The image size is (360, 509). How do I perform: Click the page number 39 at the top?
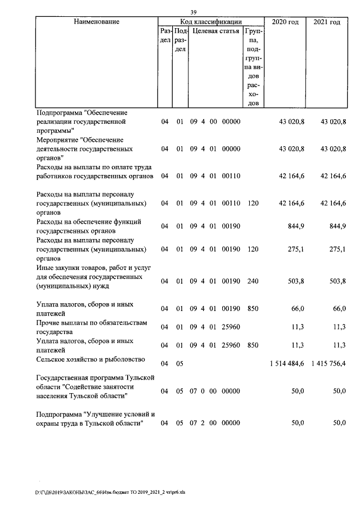tap(193, 13)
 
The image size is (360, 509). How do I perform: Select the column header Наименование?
tap(96, 22)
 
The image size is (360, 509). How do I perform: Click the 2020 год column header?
tap(285, 22)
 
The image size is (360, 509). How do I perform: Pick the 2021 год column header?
tap(327, 22)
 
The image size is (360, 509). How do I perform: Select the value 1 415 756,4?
tap(328, 363)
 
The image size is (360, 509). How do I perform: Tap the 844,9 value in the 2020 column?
tap(295, 226)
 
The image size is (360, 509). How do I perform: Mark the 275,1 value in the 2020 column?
tap(295, 249)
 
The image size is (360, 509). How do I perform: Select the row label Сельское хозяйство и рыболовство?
tap(90, 359)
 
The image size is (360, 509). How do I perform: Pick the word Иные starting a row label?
tap(44, 268)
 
